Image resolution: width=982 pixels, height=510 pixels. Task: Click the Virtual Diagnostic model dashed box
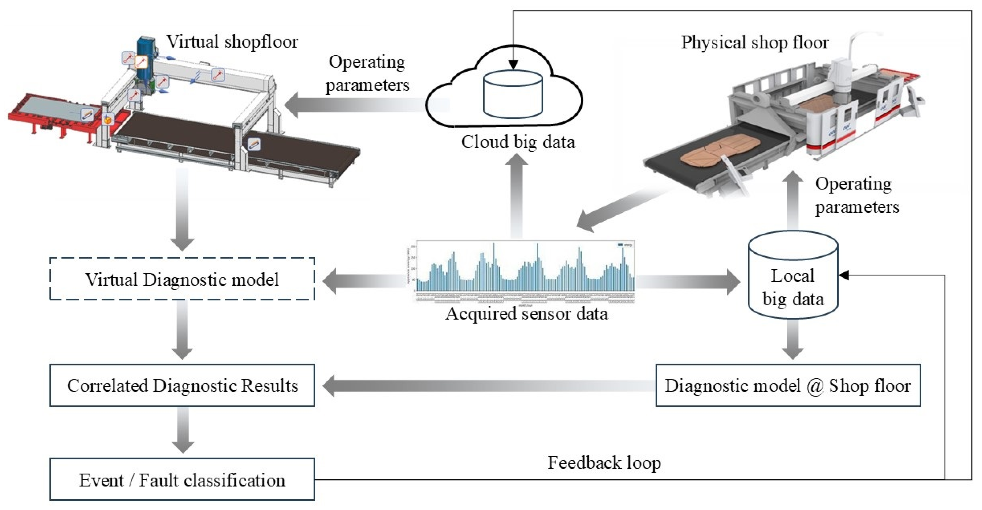pos(182,279)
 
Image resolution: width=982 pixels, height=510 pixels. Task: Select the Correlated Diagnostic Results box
pos(182,385)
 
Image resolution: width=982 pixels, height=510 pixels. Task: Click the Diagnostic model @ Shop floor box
pos(788,385)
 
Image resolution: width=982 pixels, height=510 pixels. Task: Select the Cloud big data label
pos(518,142)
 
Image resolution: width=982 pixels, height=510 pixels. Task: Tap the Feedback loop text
pos(604,463)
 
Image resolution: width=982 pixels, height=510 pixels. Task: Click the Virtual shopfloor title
pos(232,41)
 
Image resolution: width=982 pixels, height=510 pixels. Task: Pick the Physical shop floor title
pos(755,42)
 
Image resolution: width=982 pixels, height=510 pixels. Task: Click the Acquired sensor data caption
pos(526,314)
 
